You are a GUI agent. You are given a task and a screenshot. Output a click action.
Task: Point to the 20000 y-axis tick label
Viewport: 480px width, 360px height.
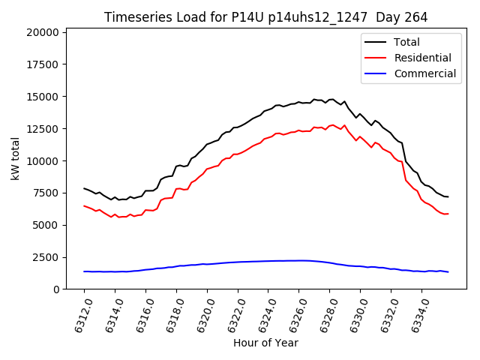tap(43, 32)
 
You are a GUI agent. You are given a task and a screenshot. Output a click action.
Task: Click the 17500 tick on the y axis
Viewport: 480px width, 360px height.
tap(43, 64)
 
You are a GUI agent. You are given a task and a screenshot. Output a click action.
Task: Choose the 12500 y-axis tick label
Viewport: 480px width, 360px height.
tap(43, 129)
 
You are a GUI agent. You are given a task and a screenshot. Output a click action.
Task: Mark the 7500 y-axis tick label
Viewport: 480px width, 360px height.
tap(46, 193)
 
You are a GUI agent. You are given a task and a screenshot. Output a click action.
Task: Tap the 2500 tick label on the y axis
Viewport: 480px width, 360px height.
tap(46, 257)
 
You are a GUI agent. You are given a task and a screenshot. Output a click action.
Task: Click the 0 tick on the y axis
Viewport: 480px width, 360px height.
tap(57, 289)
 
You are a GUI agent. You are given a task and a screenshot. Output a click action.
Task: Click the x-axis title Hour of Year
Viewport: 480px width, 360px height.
tap(265, 343)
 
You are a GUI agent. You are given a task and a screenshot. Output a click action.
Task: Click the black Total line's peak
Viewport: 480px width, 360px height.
tap(314, 99)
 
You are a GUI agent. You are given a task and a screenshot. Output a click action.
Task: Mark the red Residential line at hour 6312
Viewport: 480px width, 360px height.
tap(84, 205)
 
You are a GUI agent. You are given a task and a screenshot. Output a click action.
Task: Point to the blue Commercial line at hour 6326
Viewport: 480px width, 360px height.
tap(298, 260)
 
